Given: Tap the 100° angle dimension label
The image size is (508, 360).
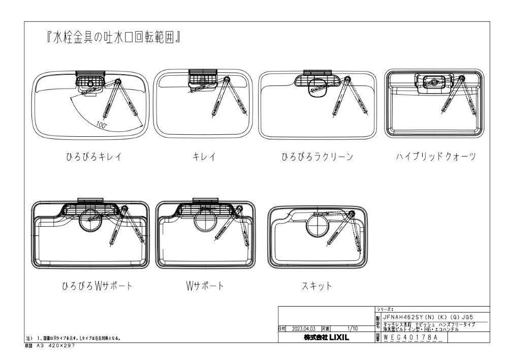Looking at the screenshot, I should [101, 124].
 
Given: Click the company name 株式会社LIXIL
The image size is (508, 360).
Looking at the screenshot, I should [326, 337].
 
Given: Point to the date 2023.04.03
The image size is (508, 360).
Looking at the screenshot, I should [304, 329].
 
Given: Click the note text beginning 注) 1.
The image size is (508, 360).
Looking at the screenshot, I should [73, 338].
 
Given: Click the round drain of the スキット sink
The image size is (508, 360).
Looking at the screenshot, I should [319, 225].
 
